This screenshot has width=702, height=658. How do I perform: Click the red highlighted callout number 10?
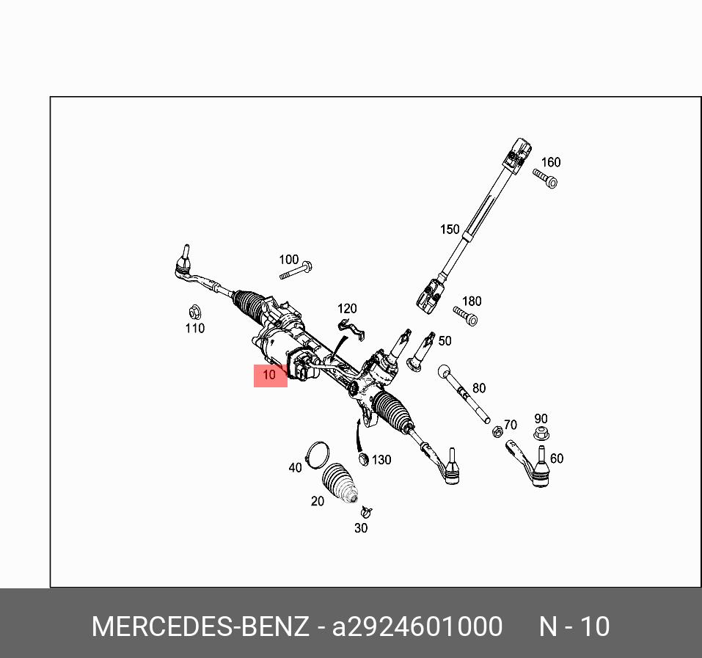pos(270,376)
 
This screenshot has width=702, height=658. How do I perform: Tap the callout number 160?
pos(550,162)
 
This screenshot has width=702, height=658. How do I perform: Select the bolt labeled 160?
pos(546,178)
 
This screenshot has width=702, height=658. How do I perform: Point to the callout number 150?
pos(450,230)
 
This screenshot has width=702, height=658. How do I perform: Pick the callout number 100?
pos(289,260)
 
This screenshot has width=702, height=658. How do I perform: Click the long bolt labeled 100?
pos(296,271)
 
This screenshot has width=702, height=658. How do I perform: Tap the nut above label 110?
pos(194,311)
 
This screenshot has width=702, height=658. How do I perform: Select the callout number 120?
pos(347,309)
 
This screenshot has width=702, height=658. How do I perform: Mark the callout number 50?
pos(445,341)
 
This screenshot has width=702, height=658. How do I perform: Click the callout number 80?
pos(479,388)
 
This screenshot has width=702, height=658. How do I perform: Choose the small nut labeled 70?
pos(497,431)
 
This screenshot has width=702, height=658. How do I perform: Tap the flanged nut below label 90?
pos(541,434)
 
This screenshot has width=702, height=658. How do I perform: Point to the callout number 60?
pos(557,458)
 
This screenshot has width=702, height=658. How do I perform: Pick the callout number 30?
pos(361,527)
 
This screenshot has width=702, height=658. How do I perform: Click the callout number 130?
pos(381,460)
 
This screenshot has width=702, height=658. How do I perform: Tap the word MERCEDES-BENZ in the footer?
pos(200,627)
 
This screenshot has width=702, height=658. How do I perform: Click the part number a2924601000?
pos(417,627)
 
